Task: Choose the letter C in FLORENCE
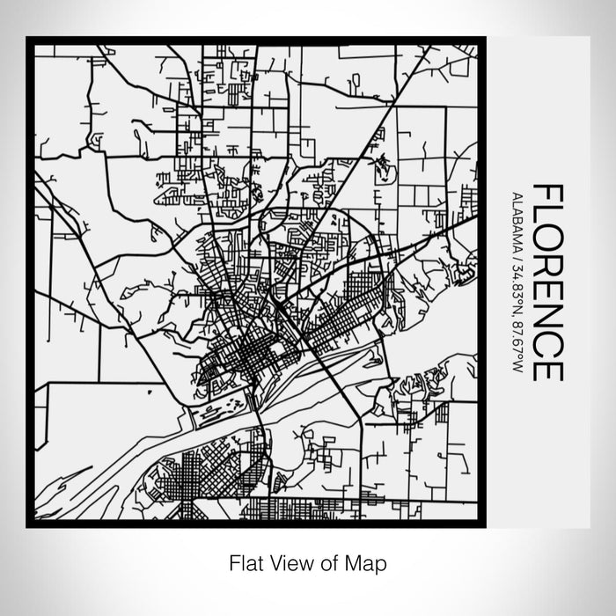tap(546, 350)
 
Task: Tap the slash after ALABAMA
tap(517, 255)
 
